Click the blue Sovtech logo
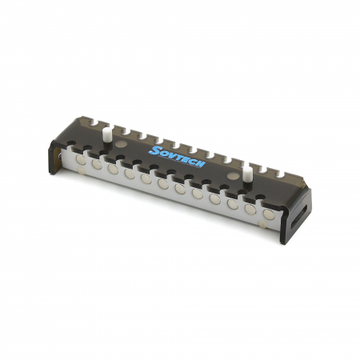177,157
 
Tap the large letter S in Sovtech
154,150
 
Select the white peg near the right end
247,174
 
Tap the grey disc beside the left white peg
122,144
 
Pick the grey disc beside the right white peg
234,175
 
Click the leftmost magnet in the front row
81,159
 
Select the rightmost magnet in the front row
269,214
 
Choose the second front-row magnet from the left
97,164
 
